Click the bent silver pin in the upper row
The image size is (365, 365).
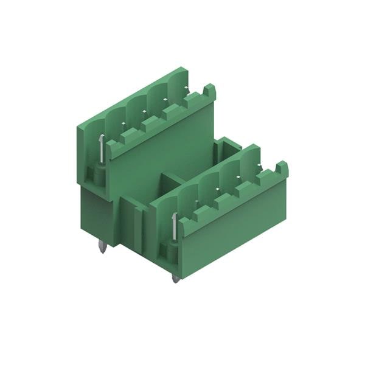[101, 150]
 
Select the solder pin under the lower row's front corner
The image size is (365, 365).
[175, 278]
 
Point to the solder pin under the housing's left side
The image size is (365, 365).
[102, 247]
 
